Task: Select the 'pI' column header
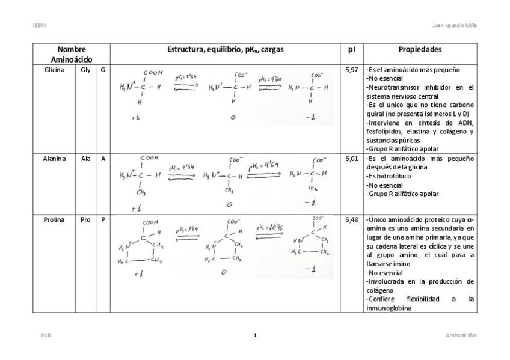click(x=352, y=49)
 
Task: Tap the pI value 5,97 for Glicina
click(x=352, y=70)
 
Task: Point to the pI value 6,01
click(x=352, y=159)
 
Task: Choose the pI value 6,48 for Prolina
click(x=352, y=220)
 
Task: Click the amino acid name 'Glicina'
click(x=55, y=70)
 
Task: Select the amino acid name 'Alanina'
click(x=55, y=159)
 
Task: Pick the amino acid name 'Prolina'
click(x=54, y=220)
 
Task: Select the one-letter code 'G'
click(x=103, y=70)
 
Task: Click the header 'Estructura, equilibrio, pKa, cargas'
click(x=226, y=49)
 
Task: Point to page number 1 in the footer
click(x=255, y=335)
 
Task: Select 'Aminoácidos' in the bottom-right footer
click(x=461, y=335)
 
